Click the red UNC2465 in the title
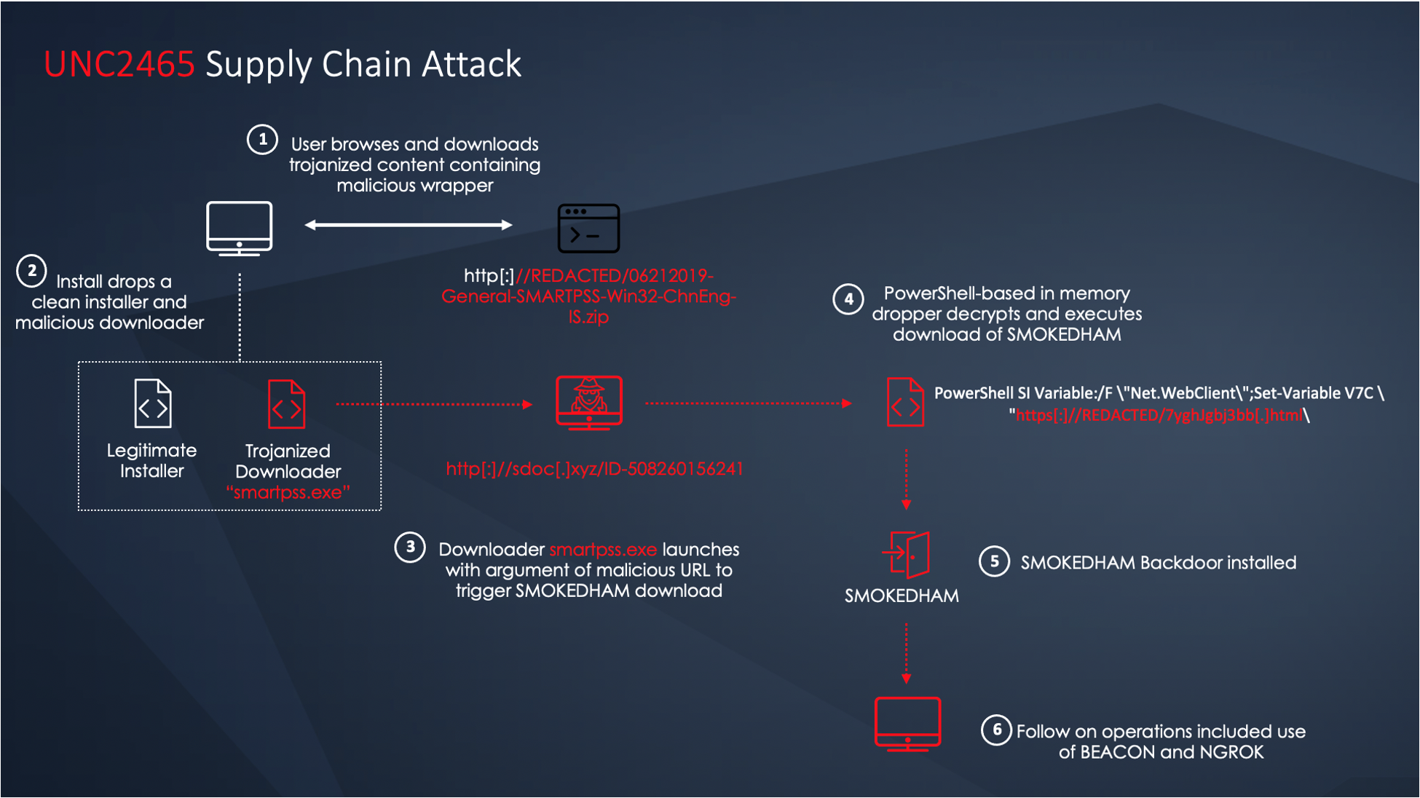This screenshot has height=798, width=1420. pos(119,65)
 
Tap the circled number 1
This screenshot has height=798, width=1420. pos(262,139)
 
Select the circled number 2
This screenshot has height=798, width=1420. pos(31,272)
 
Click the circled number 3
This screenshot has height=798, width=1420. pos(410,547)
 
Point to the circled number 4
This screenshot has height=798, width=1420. pos(848,299)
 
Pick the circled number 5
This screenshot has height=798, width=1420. pos(994,561)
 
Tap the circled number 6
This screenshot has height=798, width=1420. pos(996,730)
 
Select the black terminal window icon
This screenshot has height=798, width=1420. pos(588,229)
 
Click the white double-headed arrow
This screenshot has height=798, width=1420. pos(409,225)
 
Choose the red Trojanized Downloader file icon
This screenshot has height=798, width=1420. pos(287,403)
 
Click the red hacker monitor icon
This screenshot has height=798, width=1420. pos(589,402)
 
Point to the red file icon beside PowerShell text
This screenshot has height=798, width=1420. pos(905,402)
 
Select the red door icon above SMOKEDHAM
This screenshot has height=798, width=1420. pos(907,555)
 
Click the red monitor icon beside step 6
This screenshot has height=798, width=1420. pos(907,724)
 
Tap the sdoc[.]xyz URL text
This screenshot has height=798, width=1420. pos(594,468)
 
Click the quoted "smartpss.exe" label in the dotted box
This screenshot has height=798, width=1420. pos(288,492)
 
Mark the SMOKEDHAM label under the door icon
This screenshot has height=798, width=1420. pos(902,596)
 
